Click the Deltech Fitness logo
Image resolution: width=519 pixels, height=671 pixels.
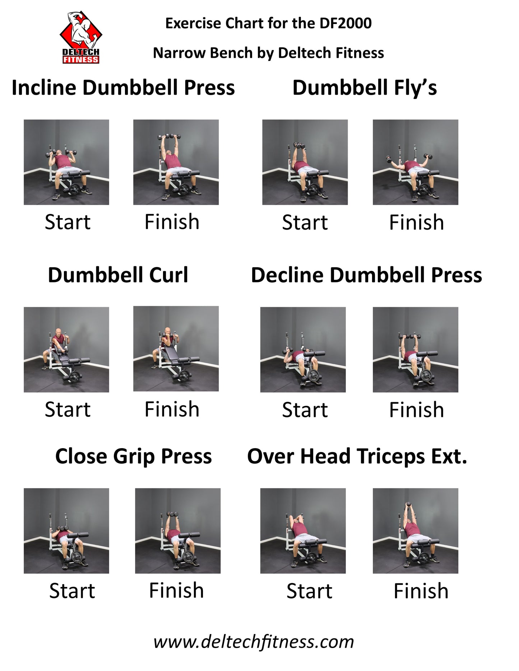click(x=81, y=37)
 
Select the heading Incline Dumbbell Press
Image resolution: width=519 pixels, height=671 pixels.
click(x=123, y=88)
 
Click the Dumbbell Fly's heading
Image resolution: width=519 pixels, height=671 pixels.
click(x=365, y=88)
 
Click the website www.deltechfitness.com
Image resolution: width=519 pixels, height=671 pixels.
click(x=254, y=642)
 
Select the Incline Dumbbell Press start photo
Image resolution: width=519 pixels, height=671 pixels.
click(x=66, y=162)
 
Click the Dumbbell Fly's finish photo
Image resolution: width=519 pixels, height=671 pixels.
click(x=416, y=162)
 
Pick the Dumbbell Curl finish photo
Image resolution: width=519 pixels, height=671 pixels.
click(x=176, y=349)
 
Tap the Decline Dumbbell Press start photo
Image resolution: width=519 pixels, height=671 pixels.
click(x=303, y=349)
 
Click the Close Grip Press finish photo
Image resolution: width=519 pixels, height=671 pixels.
click(x=178, y=531)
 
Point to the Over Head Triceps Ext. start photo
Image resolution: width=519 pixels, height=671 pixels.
click(x=303, y=531)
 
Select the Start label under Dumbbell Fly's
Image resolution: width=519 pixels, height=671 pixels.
click(x=305, y=222)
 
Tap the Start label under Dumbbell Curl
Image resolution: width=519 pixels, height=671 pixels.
click(x=68, y=409)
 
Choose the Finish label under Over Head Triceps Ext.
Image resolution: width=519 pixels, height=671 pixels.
click(x=421, y=591)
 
